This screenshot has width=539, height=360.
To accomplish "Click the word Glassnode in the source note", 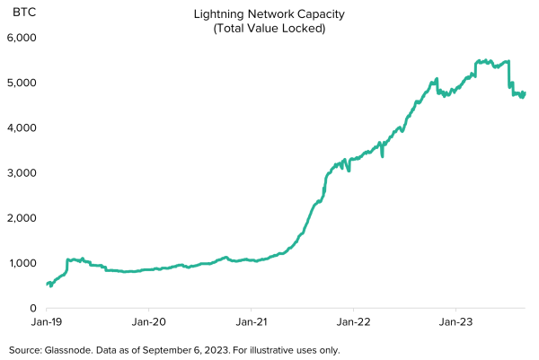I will [69, 350].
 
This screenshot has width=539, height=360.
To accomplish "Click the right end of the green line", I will [525, 92].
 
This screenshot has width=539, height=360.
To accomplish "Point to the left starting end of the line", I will [47, 285].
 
